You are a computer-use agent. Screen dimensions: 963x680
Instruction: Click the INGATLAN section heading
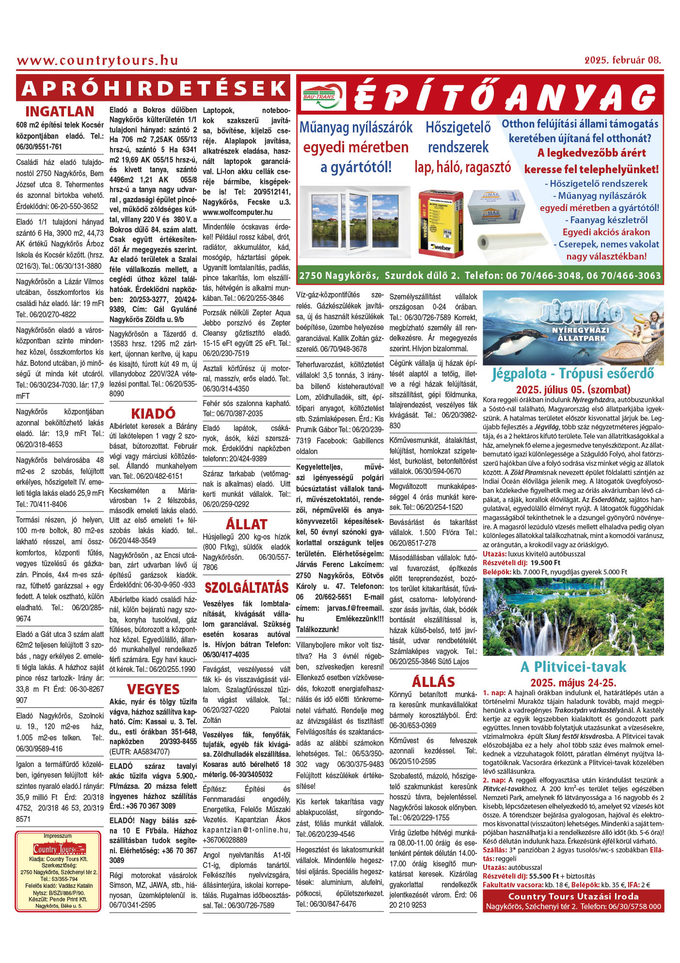point(60,112)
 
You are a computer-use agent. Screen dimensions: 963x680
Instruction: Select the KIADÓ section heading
point(153,413)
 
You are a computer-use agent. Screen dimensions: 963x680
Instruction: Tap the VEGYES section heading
point(153,689)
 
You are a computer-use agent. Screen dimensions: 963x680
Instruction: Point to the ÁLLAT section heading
point(246,524)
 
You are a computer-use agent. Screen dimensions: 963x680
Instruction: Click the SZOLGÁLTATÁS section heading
point(246,588)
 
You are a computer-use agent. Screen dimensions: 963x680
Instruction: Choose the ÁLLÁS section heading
point(433,682)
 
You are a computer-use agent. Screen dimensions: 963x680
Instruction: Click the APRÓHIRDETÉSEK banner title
point(153,88)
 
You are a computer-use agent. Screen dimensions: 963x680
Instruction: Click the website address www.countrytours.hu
point(97,61)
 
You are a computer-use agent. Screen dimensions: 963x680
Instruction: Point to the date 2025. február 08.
point(622,60)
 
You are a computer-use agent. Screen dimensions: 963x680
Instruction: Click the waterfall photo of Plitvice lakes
point(573,617)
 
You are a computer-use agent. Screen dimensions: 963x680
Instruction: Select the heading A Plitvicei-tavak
point(573,667)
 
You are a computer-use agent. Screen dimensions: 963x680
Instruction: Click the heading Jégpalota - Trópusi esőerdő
point(573,374)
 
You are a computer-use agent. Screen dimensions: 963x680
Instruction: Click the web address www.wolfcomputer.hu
point(237,212)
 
